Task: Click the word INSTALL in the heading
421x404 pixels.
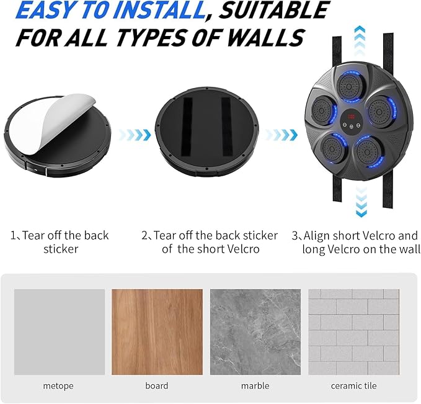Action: click(x=159, y=10)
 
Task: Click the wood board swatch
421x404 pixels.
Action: click(x=157, y=332)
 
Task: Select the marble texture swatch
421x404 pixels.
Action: click(x=255, y=332)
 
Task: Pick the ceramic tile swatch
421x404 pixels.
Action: click(x=353, y=332)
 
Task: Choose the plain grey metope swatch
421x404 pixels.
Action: click(x=60, y=332)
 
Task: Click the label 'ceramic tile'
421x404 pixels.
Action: click(x=353, y=386)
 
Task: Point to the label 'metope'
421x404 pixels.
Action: click(x=58, y=386)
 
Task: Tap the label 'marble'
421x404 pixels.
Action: click(x=255, y=386)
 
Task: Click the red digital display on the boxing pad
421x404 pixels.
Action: click(x=351, y=117)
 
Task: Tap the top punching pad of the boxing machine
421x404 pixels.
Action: click(x=349, y=86)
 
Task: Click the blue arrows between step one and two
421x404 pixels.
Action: click(x=135, y=135)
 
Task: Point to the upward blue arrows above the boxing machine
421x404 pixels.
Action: click(x=360, y=40)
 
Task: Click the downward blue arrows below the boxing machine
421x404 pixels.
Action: click(x=361, y=202)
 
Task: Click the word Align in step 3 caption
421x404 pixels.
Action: click(x=316, y=236)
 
